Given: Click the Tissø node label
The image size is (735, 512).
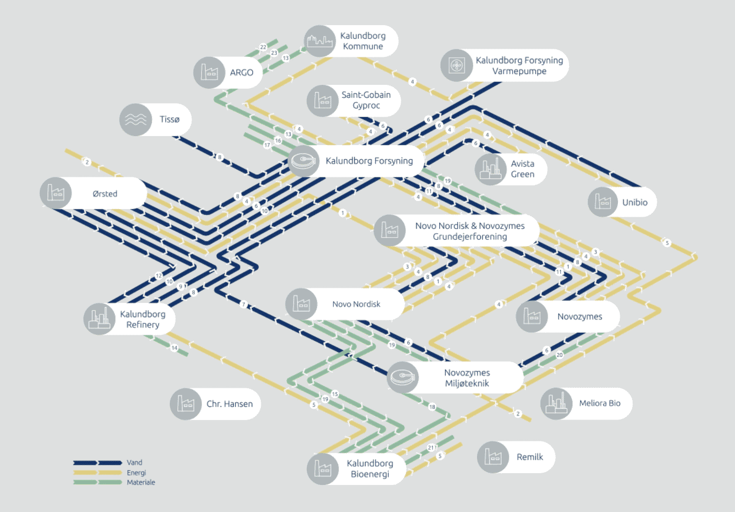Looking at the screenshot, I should click(x=169, y=119).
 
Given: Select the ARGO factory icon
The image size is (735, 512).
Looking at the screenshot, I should click(x=209, y=73).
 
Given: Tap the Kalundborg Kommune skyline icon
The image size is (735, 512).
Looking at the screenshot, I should click(x=320, y=41).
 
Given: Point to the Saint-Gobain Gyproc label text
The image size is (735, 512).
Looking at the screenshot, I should click(x=366, y=100).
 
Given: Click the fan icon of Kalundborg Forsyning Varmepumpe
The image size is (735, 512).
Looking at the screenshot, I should click(x=456, y=65).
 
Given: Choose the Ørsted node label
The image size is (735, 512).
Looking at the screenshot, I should click(x=105, y=193).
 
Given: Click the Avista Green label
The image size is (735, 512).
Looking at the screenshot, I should click(x=523, y=169).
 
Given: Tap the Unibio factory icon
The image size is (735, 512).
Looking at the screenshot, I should click(x=603, y=202).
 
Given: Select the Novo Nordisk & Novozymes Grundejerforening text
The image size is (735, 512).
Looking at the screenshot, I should click(x=470, y=231).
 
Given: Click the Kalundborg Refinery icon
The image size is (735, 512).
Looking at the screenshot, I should click(x=99, y=319).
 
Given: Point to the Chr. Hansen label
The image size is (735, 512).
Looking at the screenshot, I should click(x=230, y=404).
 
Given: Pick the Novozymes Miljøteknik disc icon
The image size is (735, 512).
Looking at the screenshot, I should click(x=403, y=377).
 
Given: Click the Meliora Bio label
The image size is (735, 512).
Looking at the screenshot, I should click(x=599, y=403).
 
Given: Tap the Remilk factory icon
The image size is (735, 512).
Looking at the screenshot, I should click(x=493, y=457).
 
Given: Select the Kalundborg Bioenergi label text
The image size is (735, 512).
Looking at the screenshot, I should click(x=370, y=468).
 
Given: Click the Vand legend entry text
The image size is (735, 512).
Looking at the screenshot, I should click(x=134, y=463).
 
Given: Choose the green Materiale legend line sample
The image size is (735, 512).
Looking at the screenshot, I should click(x=98, y=482).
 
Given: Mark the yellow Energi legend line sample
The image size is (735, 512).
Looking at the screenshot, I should click(x=98, y=473).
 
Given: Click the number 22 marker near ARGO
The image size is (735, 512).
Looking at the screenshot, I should click(x=263, y=47).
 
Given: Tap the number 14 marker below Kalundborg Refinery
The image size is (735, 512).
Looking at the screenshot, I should click(x=175, y=348).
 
